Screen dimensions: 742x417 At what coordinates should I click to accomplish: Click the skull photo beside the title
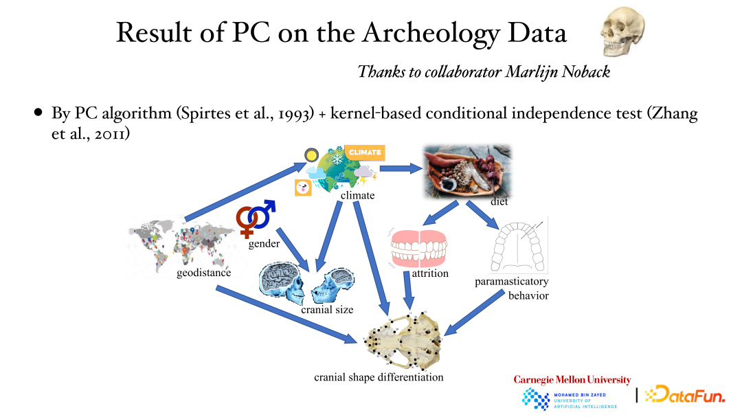click(622, 32)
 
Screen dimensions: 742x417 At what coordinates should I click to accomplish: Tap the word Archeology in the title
click(431, 33)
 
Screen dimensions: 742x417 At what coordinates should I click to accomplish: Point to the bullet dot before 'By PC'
click(38, 113)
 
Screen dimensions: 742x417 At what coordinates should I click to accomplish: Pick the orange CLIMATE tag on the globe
click(365, 153)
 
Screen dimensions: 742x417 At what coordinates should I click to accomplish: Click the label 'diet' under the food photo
click(499, 202)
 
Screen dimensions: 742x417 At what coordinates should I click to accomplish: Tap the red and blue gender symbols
click(255, 217)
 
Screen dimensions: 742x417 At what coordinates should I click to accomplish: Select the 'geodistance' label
click(204, 273)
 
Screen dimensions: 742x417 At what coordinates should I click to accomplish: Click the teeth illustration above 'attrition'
click(418, 248)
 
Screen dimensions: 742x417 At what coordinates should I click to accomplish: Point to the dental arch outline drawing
click(519, 246)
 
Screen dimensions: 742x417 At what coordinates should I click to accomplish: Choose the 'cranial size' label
click(327, 310)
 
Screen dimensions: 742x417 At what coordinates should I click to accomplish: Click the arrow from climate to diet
click(401, 168)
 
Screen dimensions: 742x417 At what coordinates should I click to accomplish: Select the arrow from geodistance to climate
click(246, 192)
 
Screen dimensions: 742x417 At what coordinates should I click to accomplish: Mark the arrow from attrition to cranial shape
click(408, 290)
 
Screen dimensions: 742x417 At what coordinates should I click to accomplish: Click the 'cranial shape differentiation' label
click(379, 377)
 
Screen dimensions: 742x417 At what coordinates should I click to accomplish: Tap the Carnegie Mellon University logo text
click(572, 380)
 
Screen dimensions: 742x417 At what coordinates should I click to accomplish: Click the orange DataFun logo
click(685, 394)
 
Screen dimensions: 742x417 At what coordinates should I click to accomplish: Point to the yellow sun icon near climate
click(311, 155)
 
